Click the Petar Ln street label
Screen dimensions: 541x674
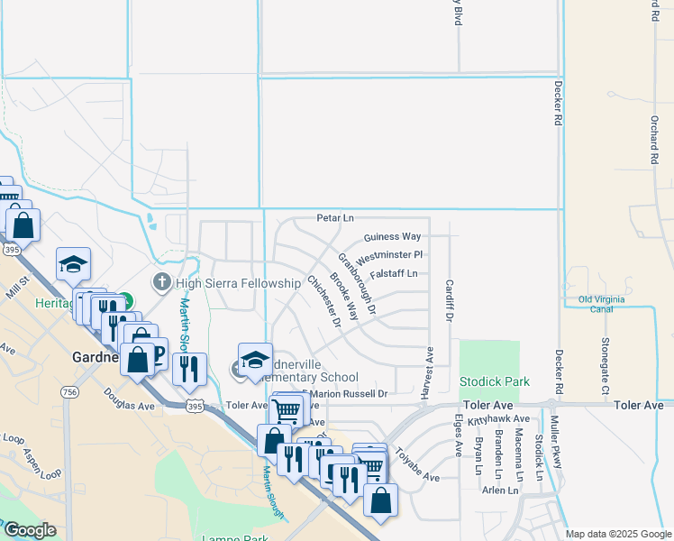click(335, 218)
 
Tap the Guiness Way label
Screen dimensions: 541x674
click(392, 237)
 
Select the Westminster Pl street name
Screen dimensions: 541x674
click(391, 255)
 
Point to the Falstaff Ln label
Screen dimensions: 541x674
click(394, 273)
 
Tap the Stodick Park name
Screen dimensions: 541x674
click(494, 382)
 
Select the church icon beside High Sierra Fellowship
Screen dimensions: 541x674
click(162, 283)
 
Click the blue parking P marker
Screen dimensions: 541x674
click(157, 353)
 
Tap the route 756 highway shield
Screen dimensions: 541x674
click(69, 391)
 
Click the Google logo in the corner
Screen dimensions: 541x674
click(30, 530)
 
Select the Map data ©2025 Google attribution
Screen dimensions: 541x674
click(617, 534)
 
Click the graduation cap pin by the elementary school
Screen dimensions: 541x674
click(255, 359)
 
